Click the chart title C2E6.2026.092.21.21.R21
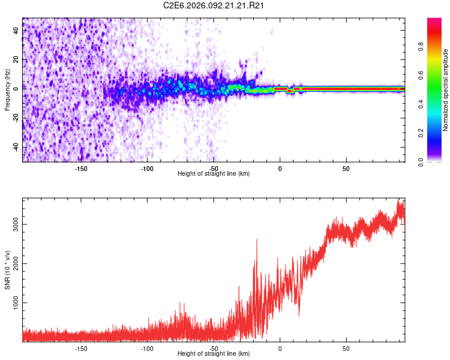tap(214, 5)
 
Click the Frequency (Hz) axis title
tap(7, 89)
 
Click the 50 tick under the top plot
tap(346, 169)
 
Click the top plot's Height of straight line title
tap(214, 174)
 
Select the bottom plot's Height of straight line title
tap(214, 354)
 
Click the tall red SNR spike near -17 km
tap(257, 241)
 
